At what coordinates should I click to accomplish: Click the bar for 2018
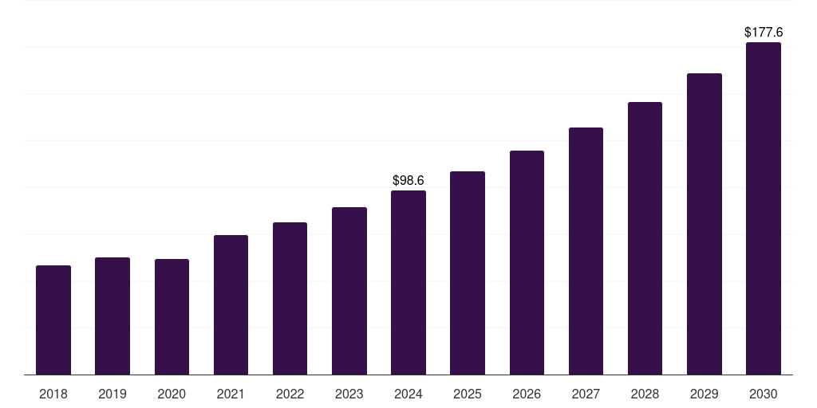pos(53,320)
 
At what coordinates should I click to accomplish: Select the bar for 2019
pos(112,316)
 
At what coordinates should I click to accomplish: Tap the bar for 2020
pos(172,316)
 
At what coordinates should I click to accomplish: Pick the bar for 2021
pos(231,304)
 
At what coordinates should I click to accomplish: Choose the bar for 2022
pos(290,298)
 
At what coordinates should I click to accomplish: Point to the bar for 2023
pos(349,291)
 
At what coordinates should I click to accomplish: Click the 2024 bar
pos(408,282)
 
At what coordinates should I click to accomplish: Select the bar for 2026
pos(527,262)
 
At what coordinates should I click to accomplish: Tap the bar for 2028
pos(645,238)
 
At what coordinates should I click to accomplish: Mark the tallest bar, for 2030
pos(764,208)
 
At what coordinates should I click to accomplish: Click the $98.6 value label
pos(408,181)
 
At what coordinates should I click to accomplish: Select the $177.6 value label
pos(764,33)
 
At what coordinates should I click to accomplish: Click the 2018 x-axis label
pos(53,394)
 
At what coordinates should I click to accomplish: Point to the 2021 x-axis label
pos(231,394)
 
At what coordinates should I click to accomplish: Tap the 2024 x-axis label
pos(408,394)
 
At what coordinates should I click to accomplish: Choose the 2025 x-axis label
pos(468,394)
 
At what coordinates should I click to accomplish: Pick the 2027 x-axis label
pos(586,394)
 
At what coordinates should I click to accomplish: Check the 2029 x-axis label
pos(705,394)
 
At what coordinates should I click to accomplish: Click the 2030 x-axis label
pos(764,394)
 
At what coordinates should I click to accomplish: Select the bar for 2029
pos(705,224)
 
